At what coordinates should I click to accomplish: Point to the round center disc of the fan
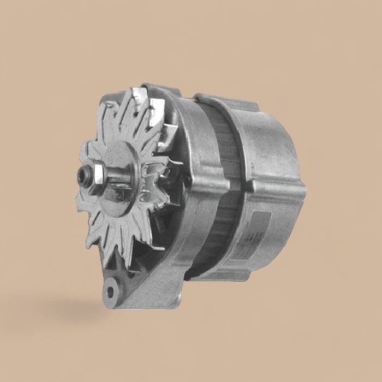[x=124, y=164]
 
